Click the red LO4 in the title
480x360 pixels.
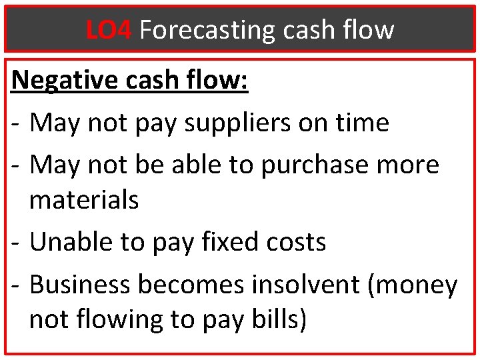point(109,30)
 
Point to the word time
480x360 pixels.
point(363,123)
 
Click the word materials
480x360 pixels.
point(84,199)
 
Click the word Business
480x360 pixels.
point(80,285)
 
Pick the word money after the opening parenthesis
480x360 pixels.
point(421,285)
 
